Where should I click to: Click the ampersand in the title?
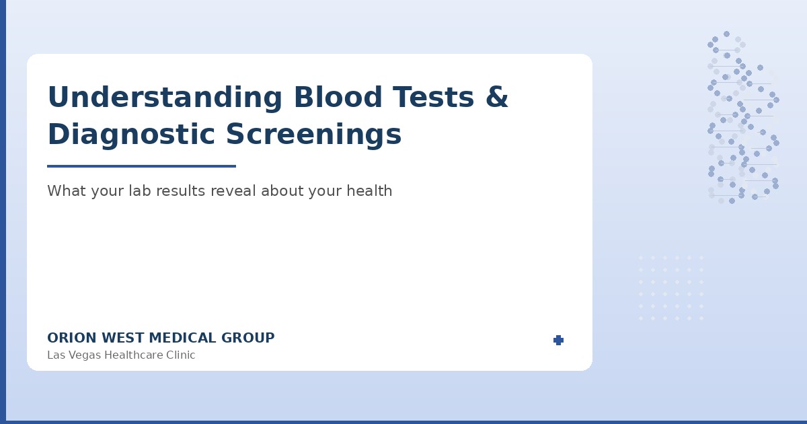[496, 98]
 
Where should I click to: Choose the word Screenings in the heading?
[313, 135]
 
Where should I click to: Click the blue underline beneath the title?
[141, 166]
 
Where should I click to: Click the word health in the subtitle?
[369, 191]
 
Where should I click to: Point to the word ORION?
[70, 339]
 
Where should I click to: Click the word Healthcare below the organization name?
[132, 355]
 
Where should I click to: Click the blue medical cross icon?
[558, 341]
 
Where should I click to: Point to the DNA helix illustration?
[743, 118]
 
